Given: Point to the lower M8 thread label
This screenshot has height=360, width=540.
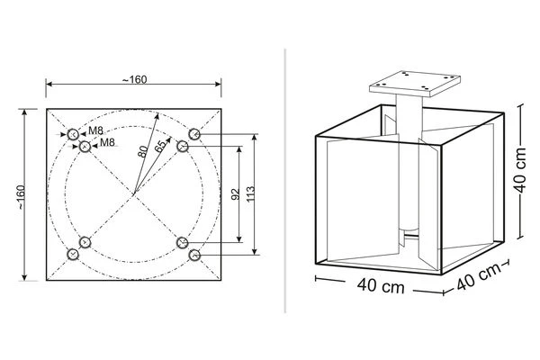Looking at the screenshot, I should [106, 142].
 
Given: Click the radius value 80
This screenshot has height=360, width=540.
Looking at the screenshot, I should [143, 150].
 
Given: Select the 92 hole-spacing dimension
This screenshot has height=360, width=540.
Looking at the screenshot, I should [235, 193].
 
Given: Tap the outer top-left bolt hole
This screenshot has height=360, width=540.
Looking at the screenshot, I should [73, 134].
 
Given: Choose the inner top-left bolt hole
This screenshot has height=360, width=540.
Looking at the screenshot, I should [85, 146].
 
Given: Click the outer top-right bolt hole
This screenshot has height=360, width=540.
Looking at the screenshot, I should [193, 135].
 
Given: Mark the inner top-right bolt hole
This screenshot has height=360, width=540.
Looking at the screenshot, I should [182, 146].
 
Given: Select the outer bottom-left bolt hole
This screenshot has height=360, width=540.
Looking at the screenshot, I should [73, 255].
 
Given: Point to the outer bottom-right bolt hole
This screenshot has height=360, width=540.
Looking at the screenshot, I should [193, 255].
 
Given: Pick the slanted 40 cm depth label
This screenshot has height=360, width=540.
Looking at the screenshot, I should [476, 275].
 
